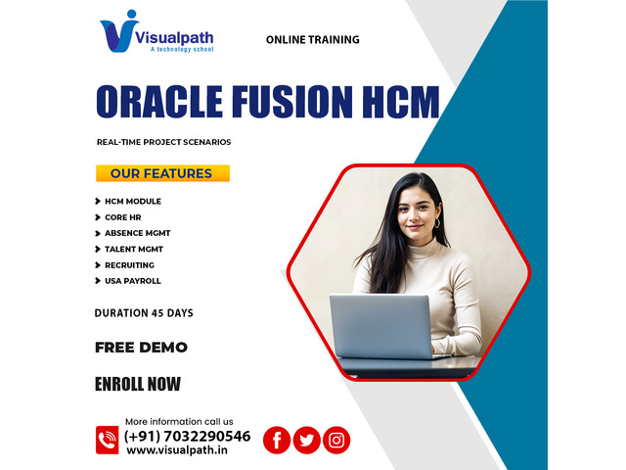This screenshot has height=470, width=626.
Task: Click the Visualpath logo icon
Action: [x=118, y=32]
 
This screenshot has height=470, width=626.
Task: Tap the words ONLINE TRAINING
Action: [x=313, y=39]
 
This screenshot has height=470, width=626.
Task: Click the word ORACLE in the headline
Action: [x=159, y=102]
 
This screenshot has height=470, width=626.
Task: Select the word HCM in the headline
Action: [x=401, y=102]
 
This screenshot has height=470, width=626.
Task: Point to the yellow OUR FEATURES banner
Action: [x=163, y=173]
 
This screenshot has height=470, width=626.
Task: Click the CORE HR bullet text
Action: [x=123, y=217]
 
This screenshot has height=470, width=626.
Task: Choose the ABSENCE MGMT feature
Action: [x=137, y=233]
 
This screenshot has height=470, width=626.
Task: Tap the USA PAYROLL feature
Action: [x=133, y=281]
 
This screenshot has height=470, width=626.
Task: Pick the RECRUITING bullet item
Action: [x=129, y=265]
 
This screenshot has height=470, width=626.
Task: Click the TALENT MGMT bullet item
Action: [x=134, y=250]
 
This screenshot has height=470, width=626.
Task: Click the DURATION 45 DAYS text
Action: [x=144, y=313]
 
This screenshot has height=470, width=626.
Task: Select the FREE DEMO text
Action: [x=141, y=348]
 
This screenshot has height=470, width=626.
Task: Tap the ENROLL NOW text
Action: [x=138, y=384]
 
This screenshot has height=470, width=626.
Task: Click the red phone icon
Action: [x=107, y=440]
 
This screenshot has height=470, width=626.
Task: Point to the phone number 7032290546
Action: [x=207, y=436]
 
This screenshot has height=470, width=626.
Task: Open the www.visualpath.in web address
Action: [x=177, y=450]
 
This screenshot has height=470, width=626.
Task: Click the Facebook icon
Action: [x=277, y=440]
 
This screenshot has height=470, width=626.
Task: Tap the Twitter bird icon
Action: [x=306, y=440]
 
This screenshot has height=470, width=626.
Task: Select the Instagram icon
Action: [x=336, y=440]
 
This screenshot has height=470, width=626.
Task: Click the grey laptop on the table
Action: [x=382, y=327]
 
